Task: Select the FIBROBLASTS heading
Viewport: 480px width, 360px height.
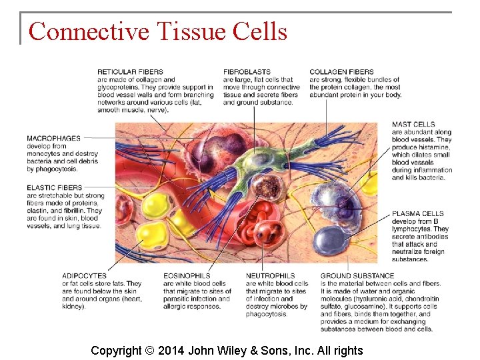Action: tap(247, 72)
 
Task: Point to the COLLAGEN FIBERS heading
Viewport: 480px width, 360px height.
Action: tap(341, 72)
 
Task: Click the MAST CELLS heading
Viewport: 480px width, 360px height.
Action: tap(413, 125)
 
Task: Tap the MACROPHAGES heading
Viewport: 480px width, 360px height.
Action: tap(53, 139)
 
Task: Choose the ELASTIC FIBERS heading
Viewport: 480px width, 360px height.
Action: tap(55, 188)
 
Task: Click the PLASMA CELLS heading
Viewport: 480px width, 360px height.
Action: tap(418, 214)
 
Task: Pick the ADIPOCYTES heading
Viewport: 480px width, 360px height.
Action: tap(84, 276)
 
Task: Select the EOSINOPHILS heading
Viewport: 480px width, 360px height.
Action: tap(187, 276)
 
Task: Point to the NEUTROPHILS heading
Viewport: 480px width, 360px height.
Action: tap(270, 276)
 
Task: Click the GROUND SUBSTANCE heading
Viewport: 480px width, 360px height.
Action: tap(357, 276)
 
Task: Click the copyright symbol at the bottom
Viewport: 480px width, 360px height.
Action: tap(149, 351)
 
